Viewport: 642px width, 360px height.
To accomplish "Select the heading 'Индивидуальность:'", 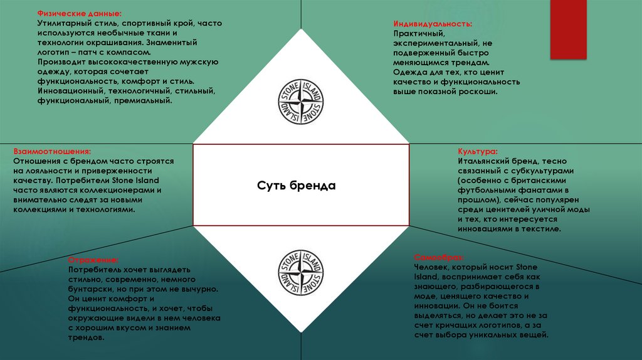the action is click(433, 23).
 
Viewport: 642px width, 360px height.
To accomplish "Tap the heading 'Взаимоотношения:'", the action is click(52, 152).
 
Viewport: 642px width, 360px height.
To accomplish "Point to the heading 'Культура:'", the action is click(478, 152).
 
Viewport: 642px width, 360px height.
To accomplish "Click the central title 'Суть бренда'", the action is click(297, 186).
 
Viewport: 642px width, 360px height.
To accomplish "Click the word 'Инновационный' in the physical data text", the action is click(70, 90).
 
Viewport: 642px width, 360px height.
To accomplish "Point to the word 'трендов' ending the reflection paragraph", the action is click(86, 337).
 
